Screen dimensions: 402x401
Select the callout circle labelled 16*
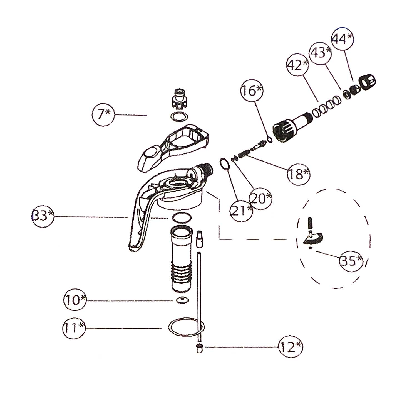[252, 91]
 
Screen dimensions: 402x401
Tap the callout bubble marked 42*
[298, 65]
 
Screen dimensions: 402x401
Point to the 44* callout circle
[342, 39]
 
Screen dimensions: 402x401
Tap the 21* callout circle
[241, 210]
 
